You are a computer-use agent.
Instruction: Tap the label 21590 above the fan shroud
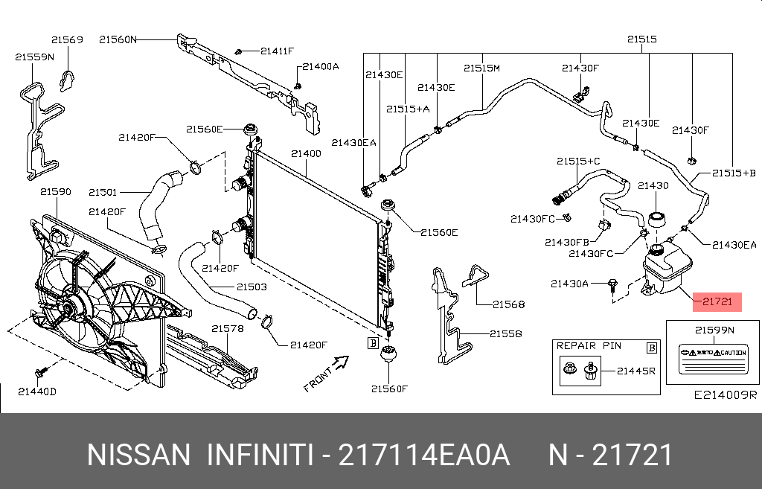coord(55,192)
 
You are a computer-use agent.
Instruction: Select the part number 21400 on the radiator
coord(306,154)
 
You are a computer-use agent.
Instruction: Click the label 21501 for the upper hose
coord(103,191)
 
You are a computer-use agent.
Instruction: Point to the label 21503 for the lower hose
coord(252,287)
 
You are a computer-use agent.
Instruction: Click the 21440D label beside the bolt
coord(37,391)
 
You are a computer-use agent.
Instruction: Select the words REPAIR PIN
coord(589,346)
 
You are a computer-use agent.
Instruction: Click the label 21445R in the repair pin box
coord(635,370)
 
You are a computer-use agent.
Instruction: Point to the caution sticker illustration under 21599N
coord(712,359)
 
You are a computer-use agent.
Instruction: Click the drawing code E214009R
coord(725,395)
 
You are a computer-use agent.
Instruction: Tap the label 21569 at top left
coord(67,39)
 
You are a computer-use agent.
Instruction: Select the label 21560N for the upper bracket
coord(118,39)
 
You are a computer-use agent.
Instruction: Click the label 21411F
coord(277,51)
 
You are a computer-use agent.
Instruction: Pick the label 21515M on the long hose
coord(481,68)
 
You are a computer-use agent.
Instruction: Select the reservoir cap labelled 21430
coord(656,219)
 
